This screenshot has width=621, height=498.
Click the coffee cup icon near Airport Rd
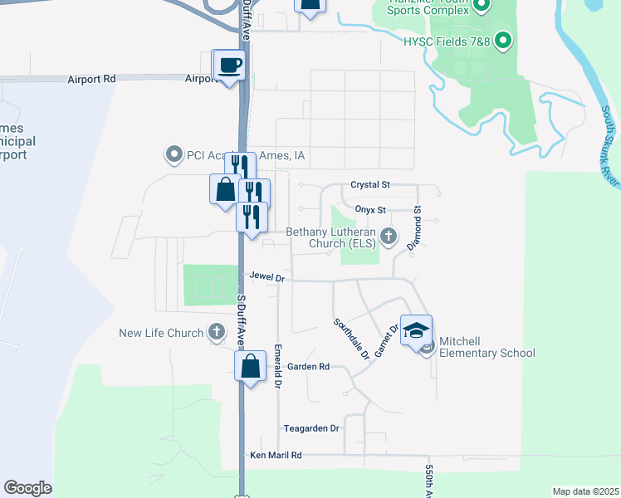(x=230, y=65)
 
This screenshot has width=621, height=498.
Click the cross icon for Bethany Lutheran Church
(x=388, y=238)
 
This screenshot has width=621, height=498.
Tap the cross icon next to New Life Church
(x=216, y=333)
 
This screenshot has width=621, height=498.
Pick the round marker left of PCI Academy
(x=174, y=154)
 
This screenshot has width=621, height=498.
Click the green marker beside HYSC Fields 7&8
(x=501, y=40)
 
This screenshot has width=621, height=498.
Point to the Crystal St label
(x=369, y=185)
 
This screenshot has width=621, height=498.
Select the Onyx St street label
(x=370, y=210)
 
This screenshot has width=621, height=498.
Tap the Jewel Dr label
(x=266, y=279)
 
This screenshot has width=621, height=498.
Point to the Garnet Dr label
(x=386, y=340)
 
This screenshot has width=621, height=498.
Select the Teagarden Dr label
(x=311, y=428)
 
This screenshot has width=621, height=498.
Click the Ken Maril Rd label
(x=276, y=456)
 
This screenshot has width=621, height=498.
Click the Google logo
(x=27, y=488)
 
